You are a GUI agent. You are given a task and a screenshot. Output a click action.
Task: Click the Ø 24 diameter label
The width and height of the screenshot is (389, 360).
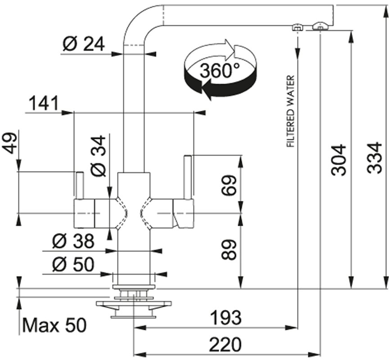coord(84,44)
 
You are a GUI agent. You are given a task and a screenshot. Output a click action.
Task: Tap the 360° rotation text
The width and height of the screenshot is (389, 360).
coord(220,70)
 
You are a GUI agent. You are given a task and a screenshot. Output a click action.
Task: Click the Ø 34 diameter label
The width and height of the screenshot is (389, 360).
coord(98,156)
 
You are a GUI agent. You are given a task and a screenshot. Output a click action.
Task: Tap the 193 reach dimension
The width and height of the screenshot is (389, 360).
coord(226,317)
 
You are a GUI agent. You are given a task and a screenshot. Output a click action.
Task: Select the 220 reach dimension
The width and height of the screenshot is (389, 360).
coord(225,344)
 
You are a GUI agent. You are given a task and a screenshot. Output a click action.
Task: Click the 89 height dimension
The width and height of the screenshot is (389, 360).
coord(229,250)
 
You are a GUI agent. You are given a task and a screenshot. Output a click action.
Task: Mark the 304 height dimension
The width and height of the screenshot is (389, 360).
coord(339,160)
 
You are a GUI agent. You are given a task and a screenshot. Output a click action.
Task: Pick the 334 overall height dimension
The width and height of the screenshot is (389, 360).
coord(374,158)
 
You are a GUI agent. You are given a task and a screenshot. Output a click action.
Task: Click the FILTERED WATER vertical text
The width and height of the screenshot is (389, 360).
coord(290,111)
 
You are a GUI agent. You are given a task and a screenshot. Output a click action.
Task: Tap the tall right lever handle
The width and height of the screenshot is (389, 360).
coord(188,177)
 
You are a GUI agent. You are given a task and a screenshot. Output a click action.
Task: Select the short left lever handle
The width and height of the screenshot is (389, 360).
coord(80,185)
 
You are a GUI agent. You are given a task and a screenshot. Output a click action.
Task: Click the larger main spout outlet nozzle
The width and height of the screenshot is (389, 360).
coord(320,26)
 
